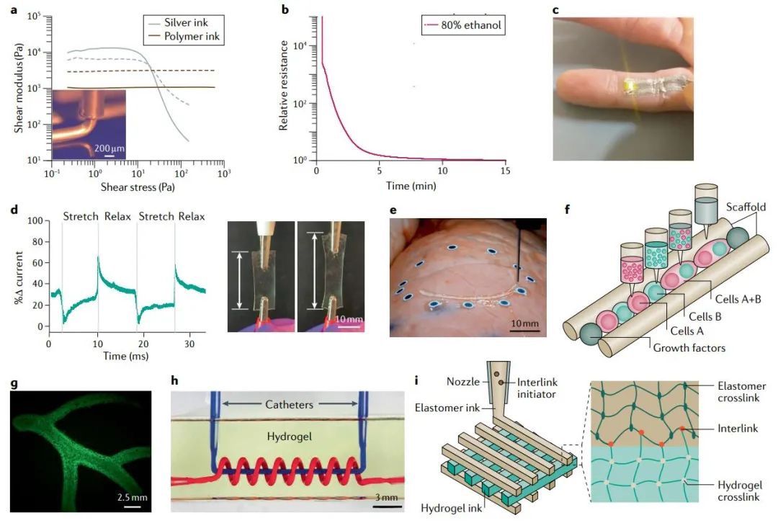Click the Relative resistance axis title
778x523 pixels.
tap(284, 86)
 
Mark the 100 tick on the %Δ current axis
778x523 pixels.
tap(32, 221)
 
